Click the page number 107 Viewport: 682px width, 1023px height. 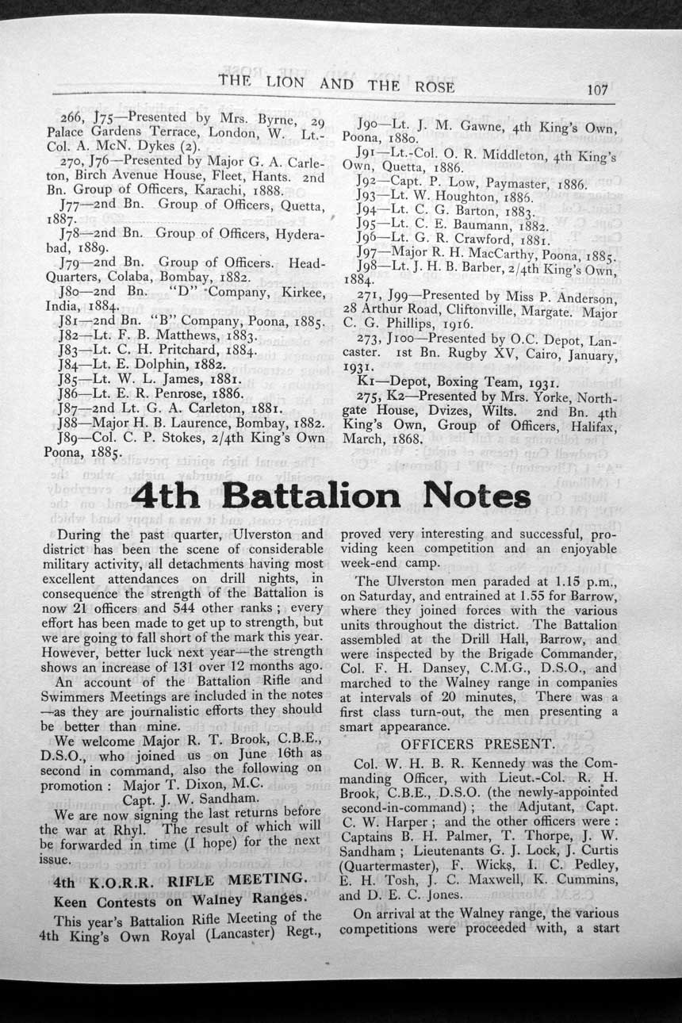(x=596, y=90)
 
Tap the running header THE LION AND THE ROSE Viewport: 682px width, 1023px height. (x=336, y=83)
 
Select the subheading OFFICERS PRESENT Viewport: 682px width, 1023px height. (x=477, y=744)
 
